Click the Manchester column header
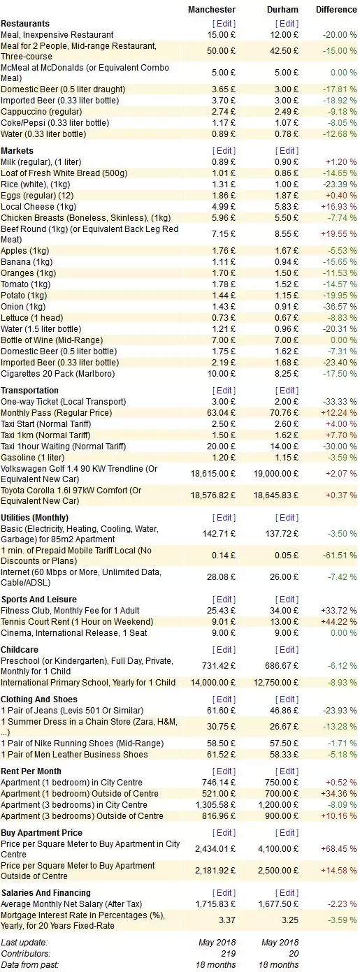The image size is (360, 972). [212, 10]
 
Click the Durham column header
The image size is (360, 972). [282, 10]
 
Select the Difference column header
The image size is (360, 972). [336, 10]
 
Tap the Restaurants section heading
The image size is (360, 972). [25, 24]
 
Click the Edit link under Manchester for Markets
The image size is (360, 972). [224, 150]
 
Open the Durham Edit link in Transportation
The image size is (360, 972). [287, 390]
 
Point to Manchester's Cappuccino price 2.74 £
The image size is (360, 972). [224, 112]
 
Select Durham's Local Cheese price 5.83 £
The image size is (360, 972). [287, 207]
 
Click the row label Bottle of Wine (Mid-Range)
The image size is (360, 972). [52, 340]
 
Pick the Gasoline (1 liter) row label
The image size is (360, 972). [33, 458]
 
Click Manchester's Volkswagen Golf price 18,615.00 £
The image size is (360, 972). [213, 473]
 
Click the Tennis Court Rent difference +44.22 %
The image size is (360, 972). [339, 621]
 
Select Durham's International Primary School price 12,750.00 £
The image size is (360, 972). [275, 682]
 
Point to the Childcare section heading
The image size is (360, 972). [20, 650]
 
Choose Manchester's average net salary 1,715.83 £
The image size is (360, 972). [215, 904]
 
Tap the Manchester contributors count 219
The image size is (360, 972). [229, 953]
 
